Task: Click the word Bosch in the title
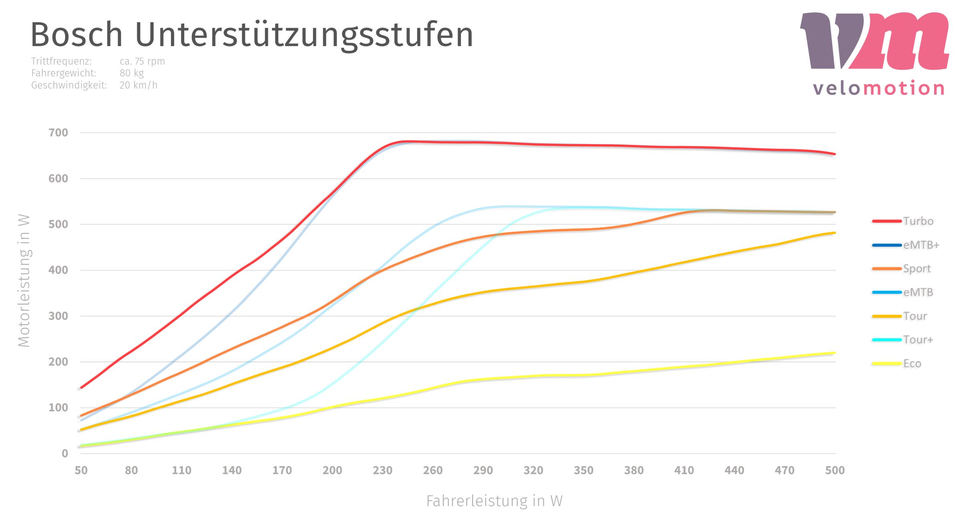coord(76,35)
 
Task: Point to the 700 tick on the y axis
coord(58,133)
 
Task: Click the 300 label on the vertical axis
coord(58,316)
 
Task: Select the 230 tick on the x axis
coord(382,470)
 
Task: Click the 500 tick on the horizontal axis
coord(835,470)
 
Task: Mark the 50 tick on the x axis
coord(81,470)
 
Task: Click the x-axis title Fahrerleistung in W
coord(494,501)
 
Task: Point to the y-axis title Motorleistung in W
coord(24,281)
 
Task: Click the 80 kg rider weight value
coord(131,73)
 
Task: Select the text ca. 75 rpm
coord(142,61)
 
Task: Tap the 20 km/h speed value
coord(138,85)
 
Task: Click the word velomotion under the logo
coord(879,88)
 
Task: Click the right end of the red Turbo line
coord(834,154)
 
